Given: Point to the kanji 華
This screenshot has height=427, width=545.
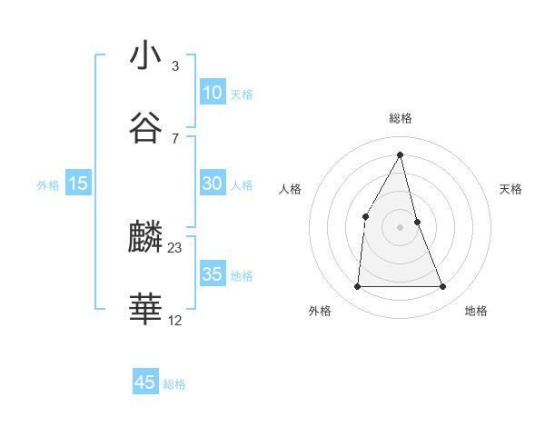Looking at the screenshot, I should [x=145, y=310].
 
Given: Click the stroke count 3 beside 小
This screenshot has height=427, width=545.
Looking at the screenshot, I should [x=175, y=66].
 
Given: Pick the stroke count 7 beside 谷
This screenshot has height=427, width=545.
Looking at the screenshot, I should [x=175, y=138].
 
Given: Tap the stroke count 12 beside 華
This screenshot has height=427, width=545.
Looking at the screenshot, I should [x=175, y=320].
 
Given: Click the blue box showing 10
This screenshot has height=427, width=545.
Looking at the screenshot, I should [x=212, y=93].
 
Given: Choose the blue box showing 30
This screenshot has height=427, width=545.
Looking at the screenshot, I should [x=212, y=184].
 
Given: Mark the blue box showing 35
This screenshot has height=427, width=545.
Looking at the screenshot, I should [x=212, y=274].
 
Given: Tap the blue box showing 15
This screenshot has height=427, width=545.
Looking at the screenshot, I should [x=78, y=184].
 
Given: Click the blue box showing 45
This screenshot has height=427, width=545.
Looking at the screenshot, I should [x=145, y=382].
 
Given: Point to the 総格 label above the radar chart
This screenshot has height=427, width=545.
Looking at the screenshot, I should [x=401, y=118].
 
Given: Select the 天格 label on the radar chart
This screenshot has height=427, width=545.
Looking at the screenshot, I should [x=511, y=189].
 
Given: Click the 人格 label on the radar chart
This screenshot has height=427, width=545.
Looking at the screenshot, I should [x=290, y=189].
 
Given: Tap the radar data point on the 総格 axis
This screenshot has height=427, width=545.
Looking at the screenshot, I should [x=401, y=154].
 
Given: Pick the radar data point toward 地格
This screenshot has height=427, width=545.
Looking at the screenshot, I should [x=443, y=287].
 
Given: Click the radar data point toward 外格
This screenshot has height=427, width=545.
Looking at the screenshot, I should [x=357, y=287].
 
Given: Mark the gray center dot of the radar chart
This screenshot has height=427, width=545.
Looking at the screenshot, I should [x=401, y=227].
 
